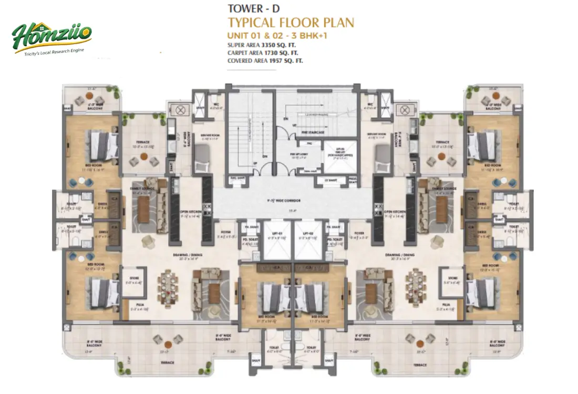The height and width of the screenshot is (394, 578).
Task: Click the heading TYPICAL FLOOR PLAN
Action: click(291, 23)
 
